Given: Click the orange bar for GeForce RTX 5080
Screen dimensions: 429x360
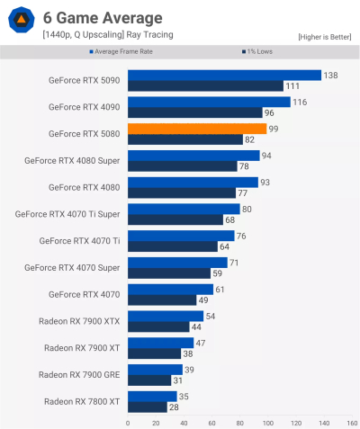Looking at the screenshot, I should [x=197, y=129].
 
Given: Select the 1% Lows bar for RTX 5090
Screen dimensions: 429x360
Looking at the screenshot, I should [x=206, y=86].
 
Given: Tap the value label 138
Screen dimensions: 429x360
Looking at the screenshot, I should [x=330, y=75].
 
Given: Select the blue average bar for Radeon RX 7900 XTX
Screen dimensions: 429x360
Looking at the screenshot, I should [x=166, y=316].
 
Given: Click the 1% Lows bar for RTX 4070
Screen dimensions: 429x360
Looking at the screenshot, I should [x=162, y=300].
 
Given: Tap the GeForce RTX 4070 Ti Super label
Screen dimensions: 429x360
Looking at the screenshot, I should [x=69, y=214].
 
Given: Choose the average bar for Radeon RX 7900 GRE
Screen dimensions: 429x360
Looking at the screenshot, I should [x=155, y=369].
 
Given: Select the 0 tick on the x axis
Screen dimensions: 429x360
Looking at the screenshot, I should [x=128, y=422].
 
